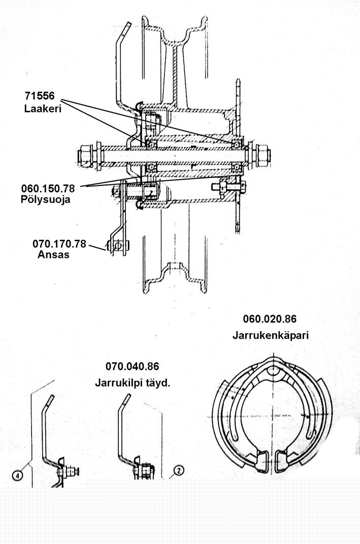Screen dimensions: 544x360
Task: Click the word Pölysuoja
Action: click(46, 200)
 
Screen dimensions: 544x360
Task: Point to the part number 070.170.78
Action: click(59, 243)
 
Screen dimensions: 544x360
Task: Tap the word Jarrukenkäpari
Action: click(271, 335)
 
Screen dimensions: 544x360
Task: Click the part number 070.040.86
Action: click(133, 366)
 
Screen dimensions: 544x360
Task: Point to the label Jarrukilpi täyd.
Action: click(133, 382)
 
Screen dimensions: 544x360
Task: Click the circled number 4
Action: click(17, 475)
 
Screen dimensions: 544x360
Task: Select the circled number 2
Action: click(177, 472)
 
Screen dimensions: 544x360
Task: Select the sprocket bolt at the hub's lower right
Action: click(223, 186)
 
